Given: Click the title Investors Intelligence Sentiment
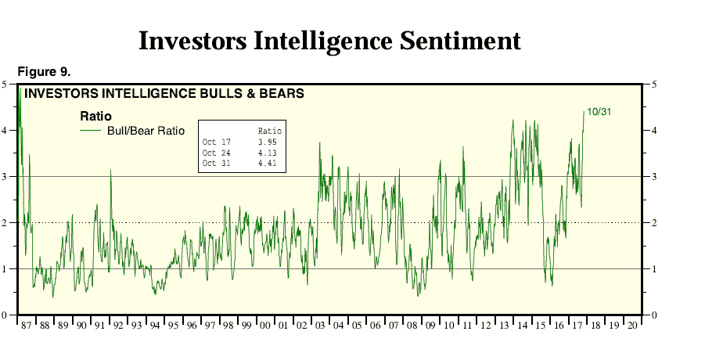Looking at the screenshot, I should click(329, 41).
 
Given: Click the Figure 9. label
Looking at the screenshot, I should click(44, 72).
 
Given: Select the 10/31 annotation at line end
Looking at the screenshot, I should click(599, 112).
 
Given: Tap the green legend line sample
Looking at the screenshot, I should click(93, 131).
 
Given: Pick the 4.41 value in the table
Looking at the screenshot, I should click(268, 163).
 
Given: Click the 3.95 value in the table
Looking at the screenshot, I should click(268, 142).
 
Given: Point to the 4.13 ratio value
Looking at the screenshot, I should click(268, 153).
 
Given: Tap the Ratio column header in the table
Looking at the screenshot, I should click(268, 130).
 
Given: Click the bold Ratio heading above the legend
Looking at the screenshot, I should click(95, 117).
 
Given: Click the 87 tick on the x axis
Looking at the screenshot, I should click(25, 325).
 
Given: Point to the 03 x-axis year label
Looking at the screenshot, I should click(320, 325).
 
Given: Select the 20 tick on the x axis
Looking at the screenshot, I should click(632, 325).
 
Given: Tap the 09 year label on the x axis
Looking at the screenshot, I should click(430, 325).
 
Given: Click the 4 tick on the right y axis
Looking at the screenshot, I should click(653, 130).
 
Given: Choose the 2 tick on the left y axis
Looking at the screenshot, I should click(5, 222).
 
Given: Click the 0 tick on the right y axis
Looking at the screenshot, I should click(653, 315).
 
